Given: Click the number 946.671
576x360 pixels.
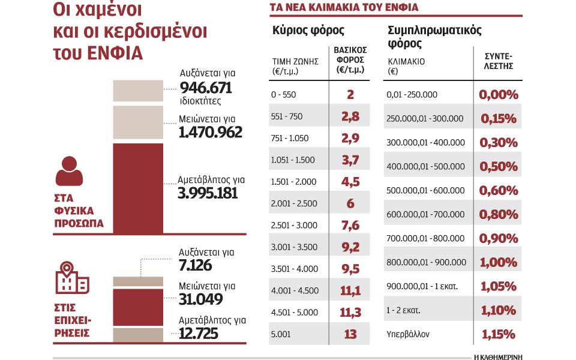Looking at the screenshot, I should (205, 88).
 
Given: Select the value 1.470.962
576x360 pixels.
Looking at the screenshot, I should (210, 132).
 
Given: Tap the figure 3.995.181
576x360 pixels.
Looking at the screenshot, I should (208, 193).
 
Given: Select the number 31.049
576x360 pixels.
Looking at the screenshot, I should (201, 299).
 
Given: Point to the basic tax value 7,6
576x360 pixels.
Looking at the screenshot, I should (350, 225).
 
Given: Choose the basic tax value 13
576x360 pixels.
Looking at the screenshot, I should (350, 334).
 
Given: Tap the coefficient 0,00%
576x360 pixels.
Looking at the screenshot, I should (498, 94).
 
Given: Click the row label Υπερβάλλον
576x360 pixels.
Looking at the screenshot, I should (409, 334).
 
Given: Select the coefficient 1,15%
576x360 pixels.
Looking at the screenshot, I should (498, 334).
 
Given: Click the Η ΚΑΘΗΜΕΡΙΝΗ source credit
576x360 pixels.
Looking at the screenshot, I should (497, 356).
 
